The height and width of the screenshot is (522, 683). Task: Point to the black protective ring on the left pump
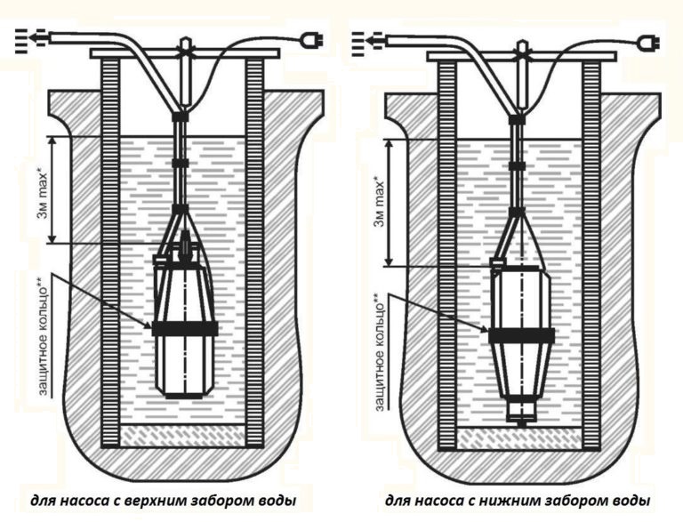click(x=185, y=328)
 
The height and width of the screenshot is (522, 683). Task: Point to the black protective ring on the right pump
click(x=521, y=336)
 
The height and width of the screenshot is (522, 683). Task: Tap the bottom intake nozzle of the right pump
click(x=521, y=415)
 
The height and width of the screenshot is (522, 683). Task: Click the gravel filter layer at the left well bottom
click(x=184, y=435)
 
